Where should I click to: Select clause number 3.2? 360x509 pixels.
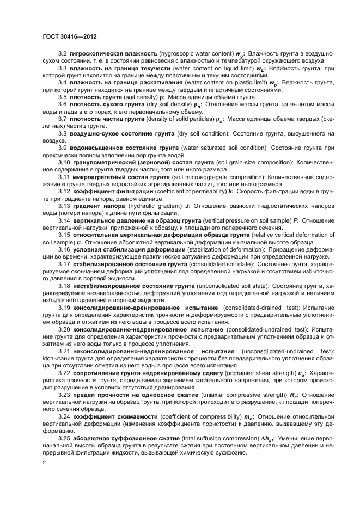(63, 54)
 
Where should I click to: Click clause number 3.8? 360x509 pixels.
(63, 133)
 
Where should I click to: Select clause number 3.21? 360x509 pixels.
(64, 351)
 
